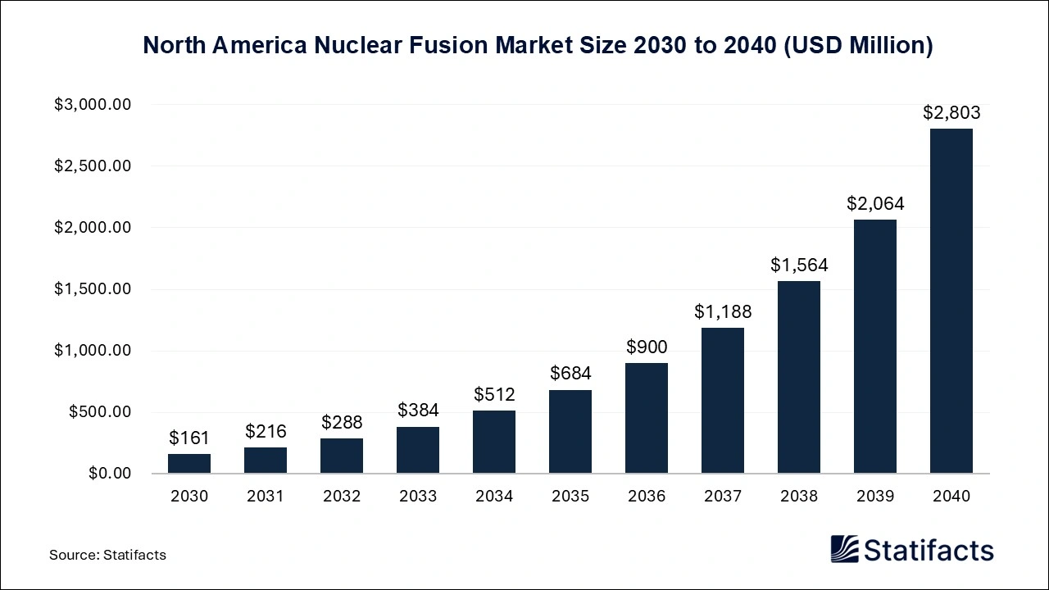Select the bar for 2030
tap(189, 464)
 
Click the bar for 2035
tap(570, 432)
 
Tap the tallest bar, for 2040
tap(951, 301)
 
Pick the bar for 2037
tap(723, 401)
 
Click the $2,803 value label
tap(951, 113)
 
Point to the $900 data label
tap(647, 347)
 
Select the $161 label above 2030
tap(189, 438)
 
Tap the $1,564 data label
tap(799, 265)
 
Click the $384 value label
tap(418, 410)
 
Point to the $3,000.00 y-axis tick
tap(93, 105)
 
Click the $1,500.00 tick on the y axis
tap(93, 289)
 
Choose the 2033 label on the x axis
tap(418, 496)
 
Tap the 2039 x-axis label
tap(875, 496)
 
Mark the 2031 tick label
tap(266, 496)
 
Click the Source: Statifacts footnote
tap(107, 555)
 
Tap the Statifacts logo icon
tap(845, 549)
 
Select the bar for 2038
tap(799, 377)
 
